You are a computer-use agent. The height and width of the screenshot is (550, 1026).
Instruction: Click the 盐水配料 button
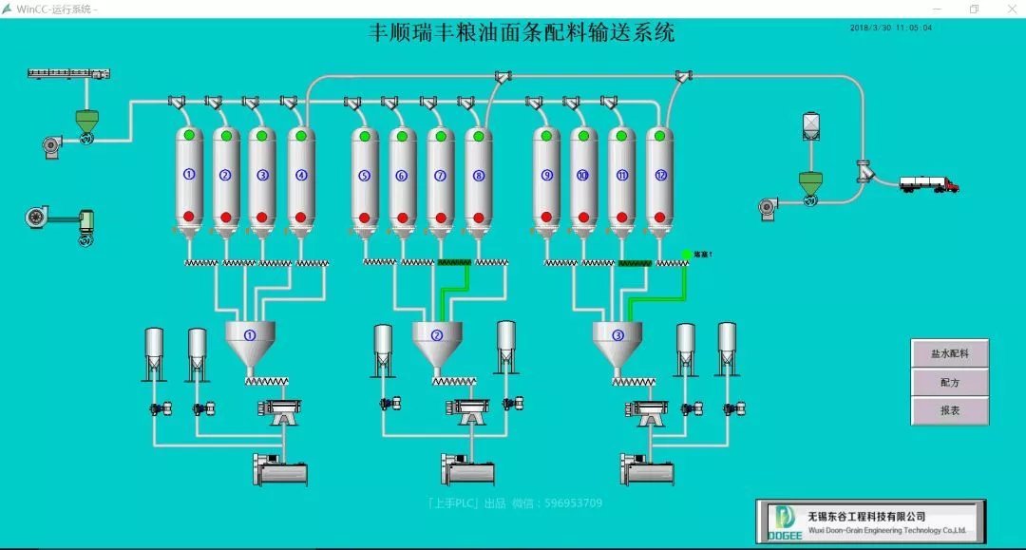pyautogui.click(x=950, y=353)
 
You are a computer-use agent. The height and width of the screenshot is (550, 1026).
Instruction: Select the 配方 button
pyautogui.click(x=950, y=382)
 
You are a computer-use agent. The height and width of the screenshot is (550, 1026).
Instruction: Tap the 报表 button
pyautogui.click(x=950, y=410)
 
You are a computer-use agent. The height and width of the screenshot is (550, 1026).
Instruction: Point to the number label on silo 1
pyautogui.click(x=189, y=175)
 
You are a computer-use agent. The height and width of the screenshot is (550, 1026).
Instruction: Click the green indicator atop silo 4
pyautogui.click(x=301, y=136)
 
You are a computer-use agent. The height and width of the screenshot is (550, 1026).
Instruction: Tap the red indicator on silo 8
pyautogui.click(x=478, y=217)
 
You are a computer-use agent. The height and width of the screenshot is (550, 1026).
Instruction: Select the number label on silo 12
pyautogui.click(x=661, y=175)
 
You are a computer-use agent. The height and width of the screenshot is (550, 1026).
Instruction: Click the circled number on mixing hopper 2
pyautogui.click(x=437, y=334)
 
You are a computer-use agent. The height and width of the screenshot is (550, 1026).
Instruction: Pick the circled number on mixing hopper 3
pyautogui.click(x=617, y=334)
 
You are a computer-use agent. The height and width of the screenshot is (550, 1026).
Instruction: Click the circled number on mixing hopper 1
pyautogui.click(x=250, y=334)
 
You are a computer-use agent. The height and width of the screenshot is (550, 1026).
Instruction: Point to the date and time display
pyautogui.click(x=891, y=28)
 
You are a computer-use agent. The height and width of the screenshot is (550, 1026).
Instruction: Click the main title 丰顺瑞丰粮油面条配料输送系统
pyautogui.click(x=522, y=33)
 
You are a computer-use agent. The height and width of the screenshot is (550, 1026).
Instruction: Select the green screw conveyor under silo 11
pyautogui.click(x=635, y=262)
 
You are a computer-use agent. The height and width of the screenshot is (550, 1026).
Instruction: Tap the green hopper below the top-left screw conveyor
pyautogui.click(x=86, y=121)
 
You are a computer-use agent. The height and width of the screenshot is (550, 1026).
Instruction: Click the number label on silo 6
pyautogui.click(x=401, y=175)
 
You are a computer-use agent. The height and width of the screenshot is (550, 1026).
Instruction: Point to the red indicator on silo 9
pyautogui.click(x=546, y=217)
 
